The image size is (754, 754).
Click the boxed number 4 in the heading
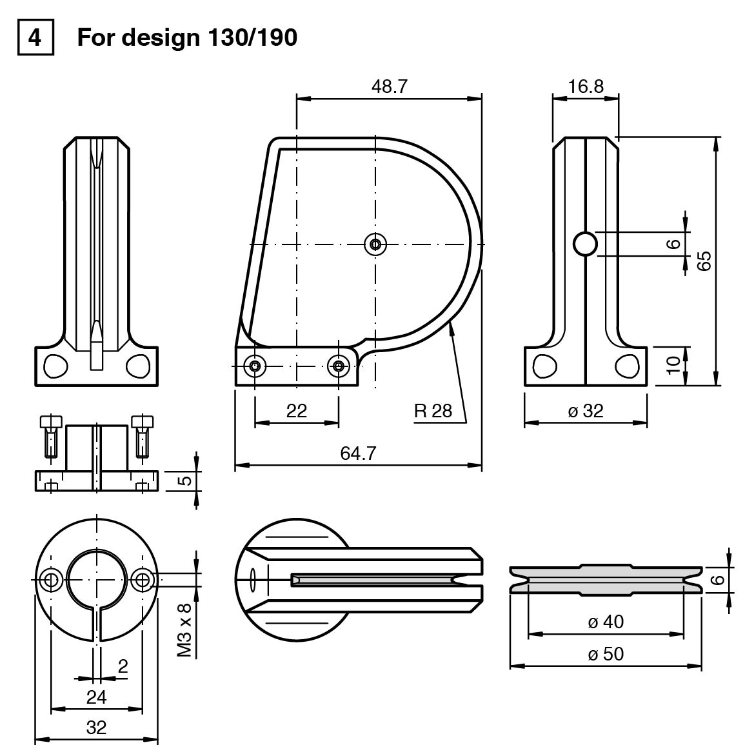coord(35,37)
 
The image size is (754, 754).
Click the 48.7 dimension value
coord(389,86)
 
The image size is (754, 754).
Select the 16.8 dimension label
coord(586,86)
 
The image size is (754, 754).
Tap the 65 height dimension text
coord(704,261)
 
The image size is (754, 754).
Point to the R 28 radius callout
coord(433,410)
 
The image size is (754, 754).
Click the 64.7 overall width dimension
coord(358,453)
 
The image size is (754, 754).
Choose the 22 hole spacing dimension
coord(297,411)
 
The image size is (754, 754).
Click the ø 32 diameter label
coord(585,411)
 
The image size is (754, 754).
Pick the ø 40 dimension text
coord(606,622)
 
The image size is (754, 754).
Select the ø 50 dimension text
coord(606,654)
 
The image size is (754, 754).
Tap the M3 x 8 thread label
coord(185,630)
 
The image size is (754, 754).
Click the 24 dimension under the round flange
coord(97,697)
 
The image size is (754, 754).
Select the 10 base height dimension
coord(673,365)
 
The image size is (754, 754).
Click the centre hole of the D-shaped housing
coord(375,244)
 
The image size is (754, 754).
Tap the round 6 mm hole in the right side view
coord(586,244)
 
